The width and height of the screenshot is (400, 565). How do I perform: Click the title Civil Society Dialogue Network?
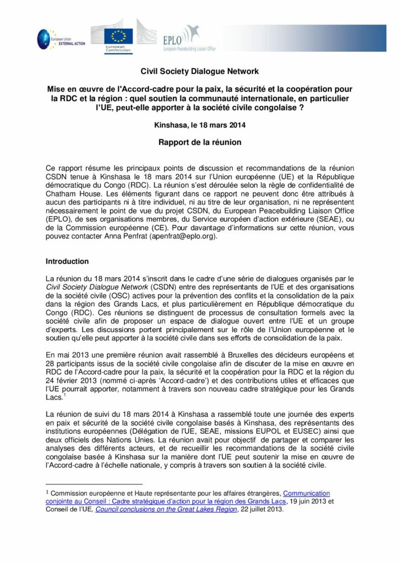tap(199, 72)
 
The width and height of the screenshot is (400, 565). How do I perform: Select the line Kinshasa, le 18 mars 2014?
tap(199, 125)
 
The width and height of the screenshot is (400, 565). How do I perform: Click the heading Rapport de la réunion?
tap(199, 142)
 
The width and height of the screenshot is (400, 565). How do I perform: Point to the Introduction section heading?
tap(68, 261)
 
